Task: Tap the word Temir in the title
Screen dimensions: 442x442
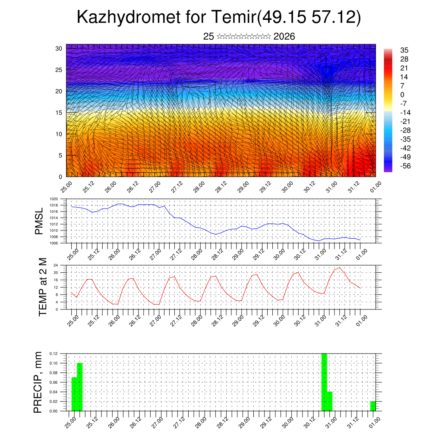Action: pos(233,18)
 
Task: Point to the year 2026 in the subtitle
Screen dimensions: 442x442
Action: pos(284,37)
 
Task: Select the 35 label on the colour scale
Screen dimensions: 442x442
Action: pos(404,51)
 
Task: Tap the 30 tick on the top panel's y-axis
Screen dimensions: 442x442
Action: pos(59,48)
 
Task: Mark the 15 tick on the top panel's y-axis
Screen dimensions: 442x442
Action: pos(59,113)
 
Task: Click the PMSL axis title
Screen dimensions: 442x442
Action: pos(39,221)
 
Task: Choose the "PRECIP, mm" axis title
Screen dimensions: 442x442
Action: pos(38,382)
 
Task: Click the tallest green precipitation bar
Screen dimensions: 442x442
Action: pos(324,382)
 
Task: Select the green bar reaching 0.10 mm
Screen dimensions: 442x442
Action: pos(79,387)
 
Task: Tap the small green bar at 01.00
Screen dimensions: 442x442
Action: pos(373,406)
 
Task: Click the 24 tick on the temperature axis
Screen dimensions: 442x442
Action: pos(55,265)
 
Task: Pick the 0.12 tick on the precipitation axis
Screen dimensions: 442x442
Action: pos(53,354)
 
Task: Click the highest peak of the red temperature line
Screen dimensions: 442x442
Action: pos(340,268)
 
